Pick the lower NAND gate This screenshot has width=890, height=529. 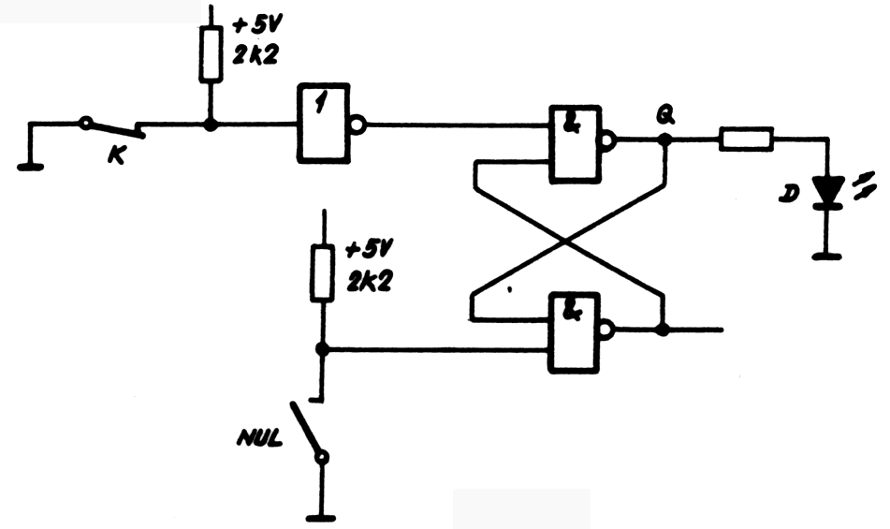[575, 331]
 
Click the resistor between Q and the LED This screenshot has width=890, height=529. [747, 140]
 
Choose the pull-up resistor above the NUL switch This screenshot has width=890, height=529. [323, 272]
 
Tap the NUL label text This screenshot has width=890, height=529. [258, 437]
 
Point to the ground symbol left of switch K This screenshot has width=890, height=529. [31, 167]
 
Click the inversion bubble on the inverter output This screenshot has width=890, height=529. [358, 123]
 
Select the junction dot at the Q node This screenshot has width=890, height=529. [664, 140]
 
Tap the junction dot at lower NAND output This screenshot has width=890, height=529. [664, 331]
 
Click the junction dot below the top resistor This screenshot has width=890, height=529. [210, 123]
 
